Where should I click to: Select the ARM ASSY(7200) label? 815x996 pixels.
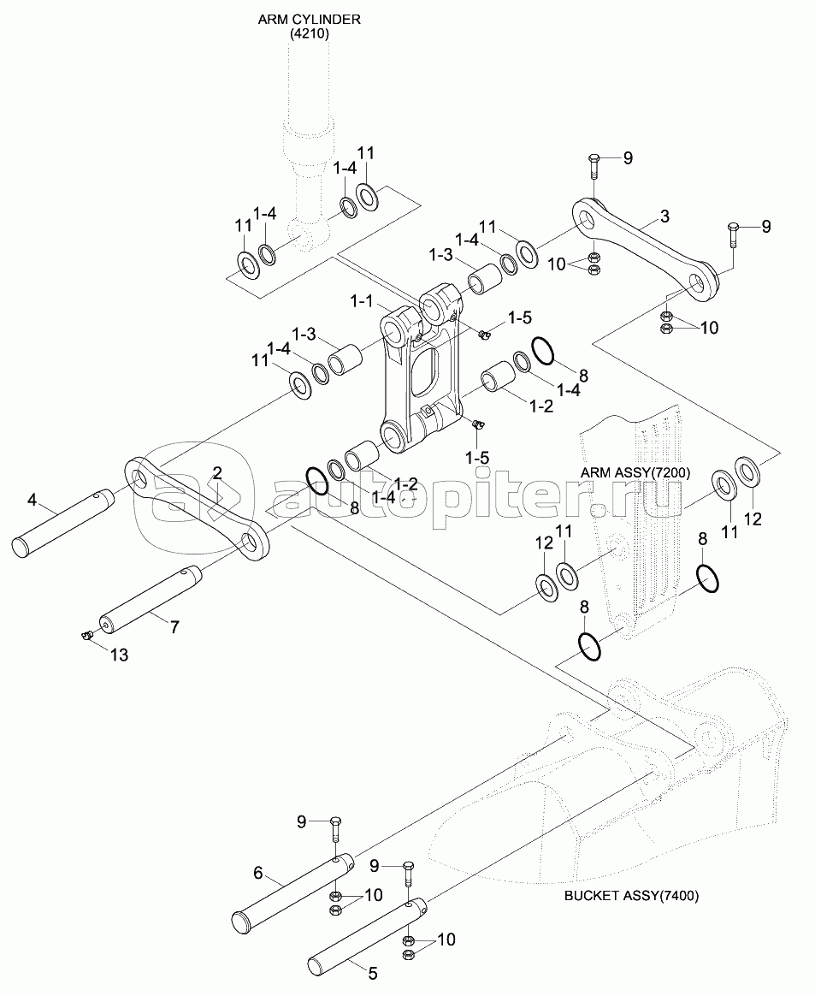(x=635, y=472)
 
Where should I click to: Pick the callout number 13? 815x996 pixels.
(x=120, y=655)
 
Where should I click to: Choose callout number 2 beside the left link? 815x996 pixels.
(x=217, y=472)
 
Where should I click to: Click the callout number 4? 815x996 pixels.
(x=32, y=498)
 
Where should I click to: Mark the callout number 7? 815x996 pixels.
(x=174, y=626)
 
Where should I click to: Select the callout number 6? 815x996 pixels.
(x=257, y=874)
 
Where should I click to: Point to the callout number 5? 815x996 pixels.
(x=372, y=973)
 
